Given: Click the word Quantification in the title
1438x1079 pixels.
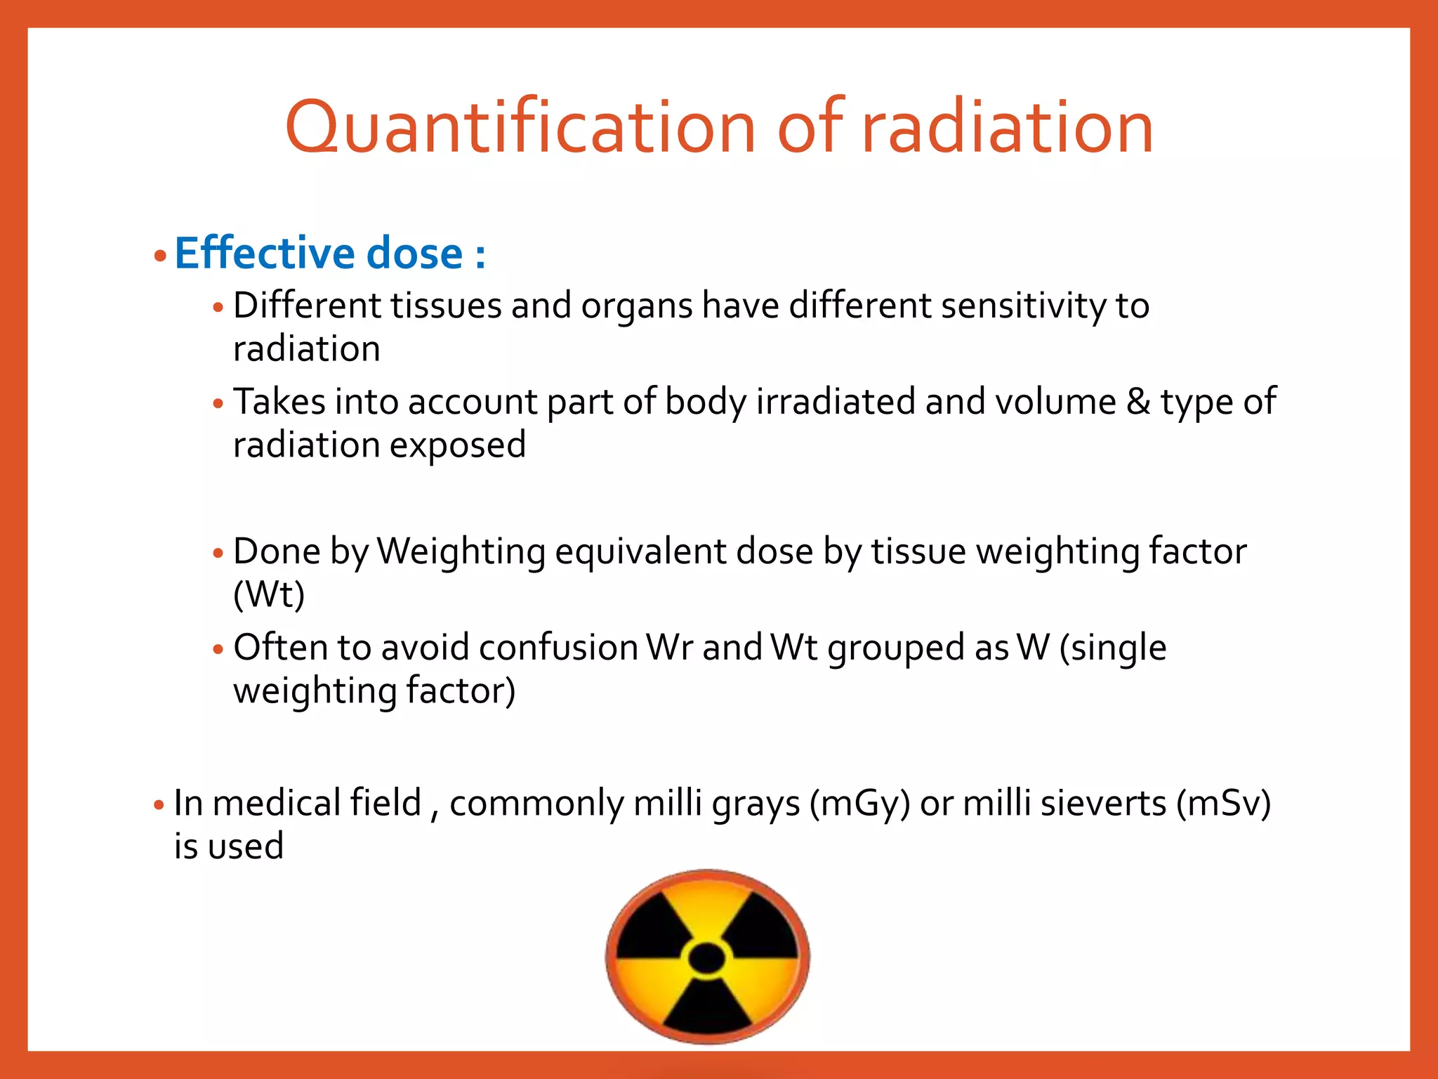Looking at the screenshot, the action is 520,127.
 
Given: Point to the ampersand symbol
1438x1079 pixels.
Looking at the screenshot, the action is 1138,402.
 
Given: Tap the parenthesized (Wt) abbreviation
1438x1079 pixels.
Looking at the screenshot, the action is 269,594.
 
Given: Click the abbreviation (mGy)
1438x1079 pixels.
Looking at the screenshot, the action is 859,803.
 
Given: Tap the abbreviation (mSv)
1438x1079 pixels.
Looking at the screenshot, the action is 1224,803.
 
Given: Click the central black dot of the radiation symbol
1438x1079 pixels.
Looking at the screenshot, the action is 707,957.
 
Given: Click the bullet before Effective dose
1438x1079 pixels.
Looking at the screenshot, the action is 160,256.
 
